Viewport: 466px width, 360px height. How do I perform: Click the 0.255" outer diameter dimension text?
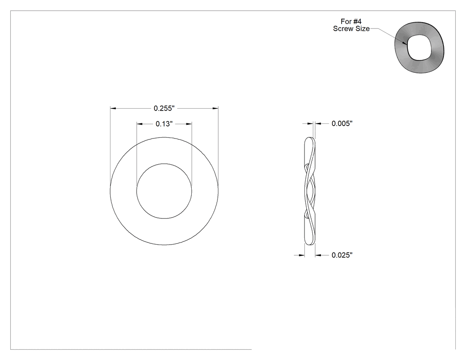tap(164, 108)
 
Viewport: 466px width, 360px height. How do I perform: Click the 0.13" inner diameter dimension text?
tap(164, 124)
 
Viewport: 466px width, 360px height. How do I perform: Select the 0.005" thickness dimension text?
tap(342, 123)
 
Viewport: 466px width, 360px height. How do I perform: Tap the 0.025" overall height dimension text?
tap(342, 255)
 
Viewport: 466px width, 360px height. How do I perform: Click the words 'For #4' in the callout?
tap(351, 21)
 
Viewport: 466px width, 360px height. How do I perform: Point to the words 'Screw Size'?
tap(351, 28)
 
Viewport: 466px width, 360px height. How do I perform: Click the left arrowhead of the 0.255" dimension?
tap(113, 108)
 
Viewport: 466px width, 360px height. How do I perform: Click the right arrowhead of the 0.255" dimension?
tap(215, 108)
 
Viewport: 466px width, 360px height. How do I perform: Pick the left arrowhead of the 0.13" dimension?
tap(139, 124)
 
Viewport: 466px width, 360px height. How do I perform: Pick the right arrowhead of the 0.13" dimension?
tap(189, 124)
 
